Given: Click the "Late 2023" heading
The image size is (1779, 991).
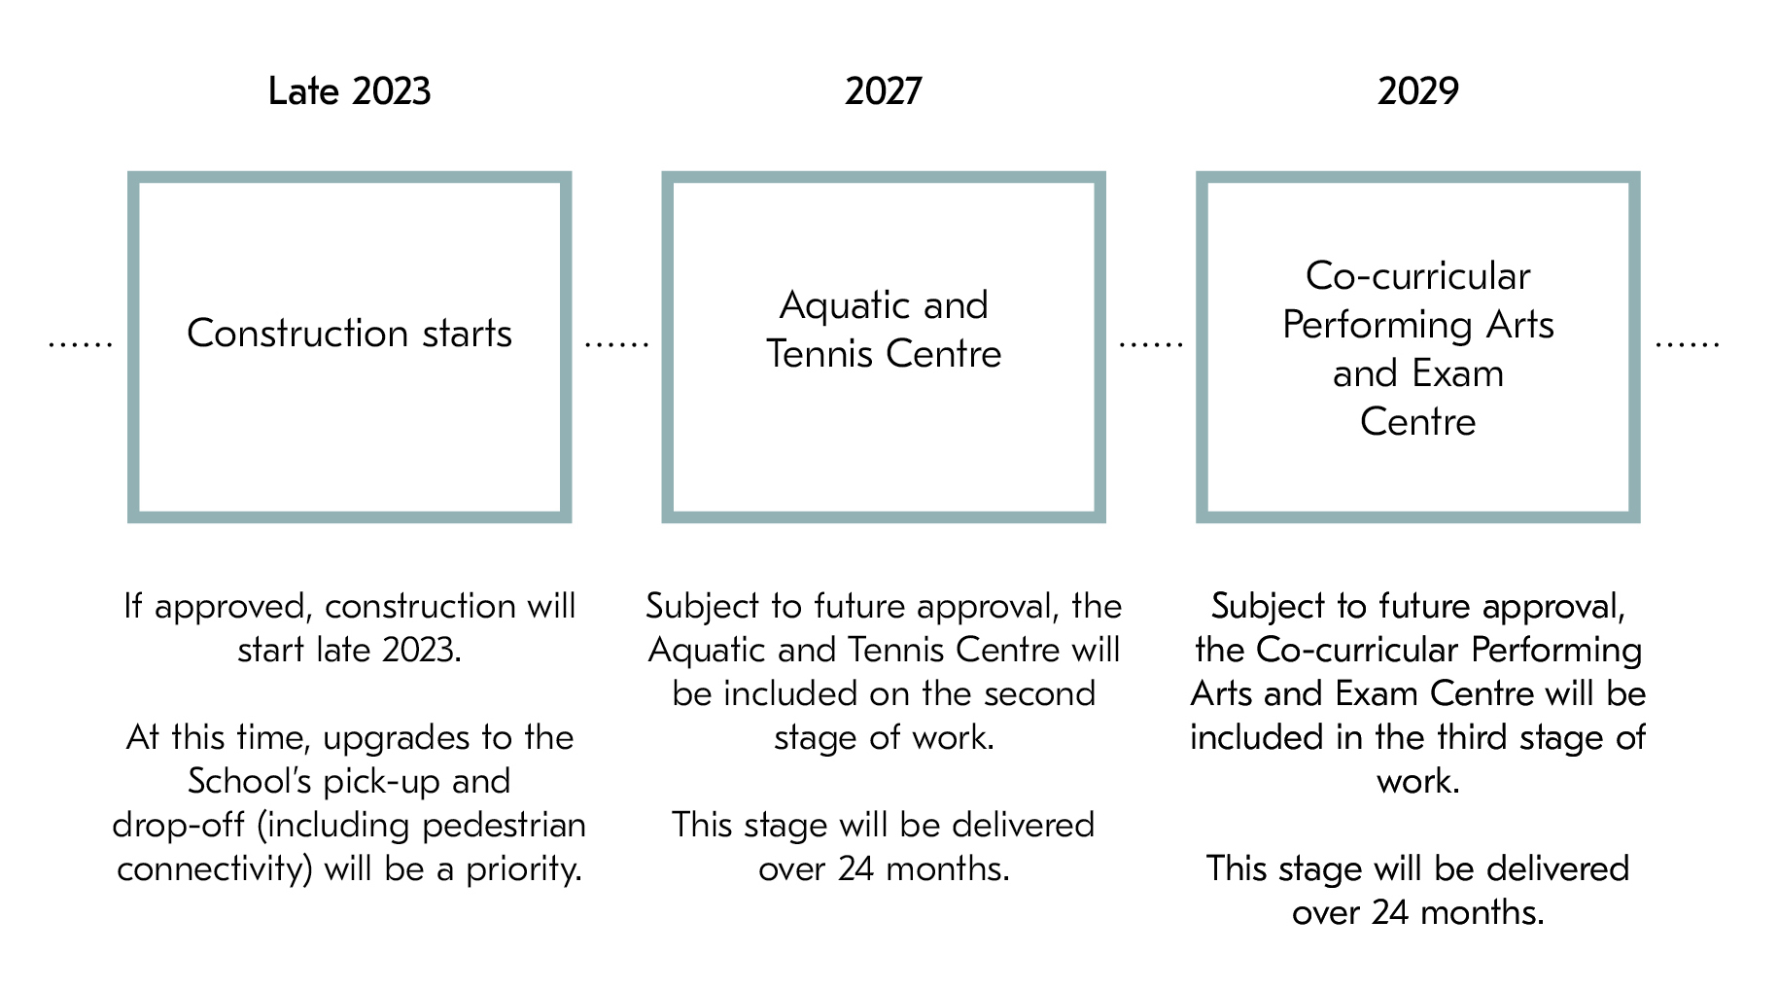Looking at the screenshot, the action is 349,91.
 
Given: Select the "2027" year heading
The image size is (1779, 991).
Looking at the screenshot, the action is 883,91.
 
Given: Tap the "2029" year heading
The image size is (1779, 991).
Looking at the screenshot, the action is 1417,91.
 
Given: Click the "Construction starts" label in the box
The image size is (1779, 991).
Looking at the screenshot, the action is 349,334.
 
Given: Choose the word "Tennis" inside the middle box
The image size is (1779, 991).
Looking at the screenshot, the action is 820,354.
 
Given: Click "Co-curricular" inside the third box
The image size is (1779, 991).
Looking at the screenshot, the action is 1417,276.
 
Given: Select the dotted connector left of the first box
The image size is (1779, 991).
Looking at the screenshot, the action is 81,343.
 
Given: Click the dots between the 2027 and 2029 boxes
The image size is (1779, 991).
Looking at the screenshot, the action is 1151,343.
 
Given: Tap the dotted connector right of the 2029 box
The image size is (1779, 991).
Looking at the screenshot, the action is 1687,343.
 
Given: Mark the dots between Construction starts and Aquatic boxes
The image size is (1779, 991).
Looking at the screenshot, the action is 616,343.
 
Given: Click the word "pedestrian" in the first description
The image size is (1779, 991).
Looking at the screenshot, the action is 505,826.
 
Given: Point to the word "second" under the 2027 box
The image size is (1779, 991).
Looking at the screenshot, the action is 1039,693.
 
